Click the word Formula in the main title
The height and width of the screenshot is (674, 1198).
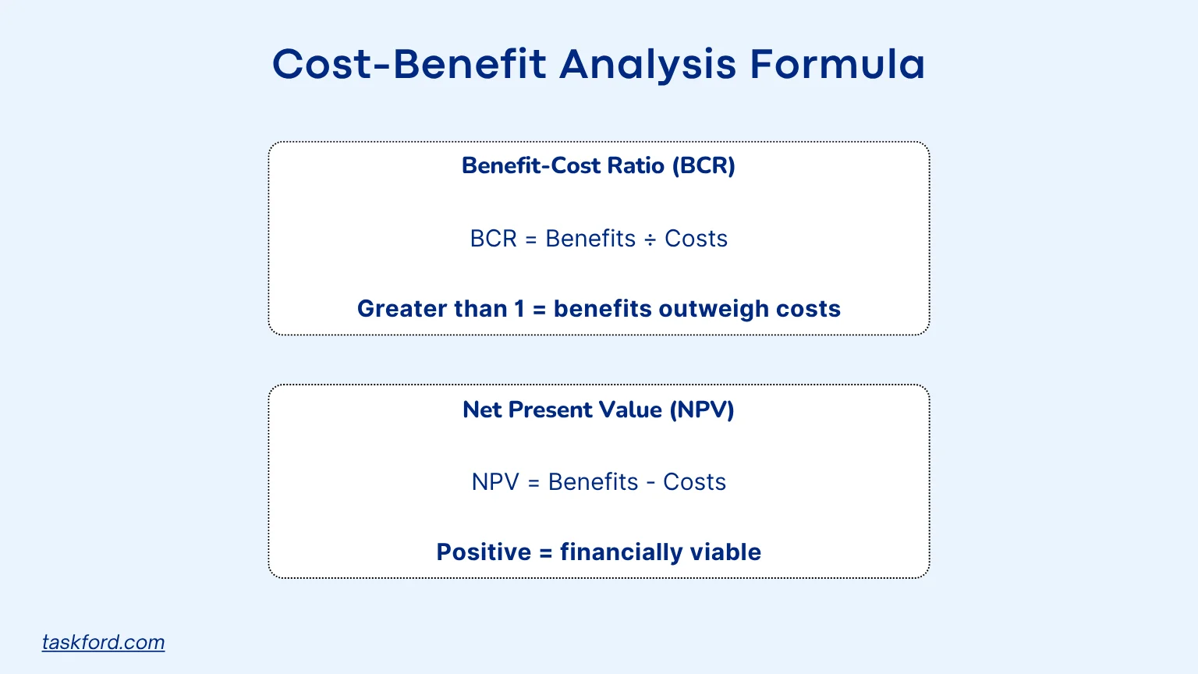pyautogui.click(x=837, y=64)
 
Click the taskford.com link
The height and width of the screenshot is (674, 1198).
pyautogui.click(x=103, y=642)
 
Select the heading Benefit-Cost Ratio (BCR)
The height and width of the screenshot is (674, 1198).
pyautogui.click(x=598, y=165)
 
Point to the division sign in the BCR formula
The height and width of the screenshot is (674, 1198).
pyautogui.click(x=650, y=239)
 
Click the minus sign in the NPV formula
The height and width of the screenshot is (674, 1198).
pyautogui.click(x=651, y=483)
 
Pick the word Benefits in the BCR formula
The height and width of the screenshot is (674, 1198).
pyautogui.click(x=590, y=239)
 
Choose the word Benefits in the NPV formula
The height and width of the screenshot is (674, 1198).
pyautogui.click(x=593, y=482)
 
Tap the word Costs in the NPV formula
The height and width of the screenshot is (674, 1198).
pyautogui.click(x=694, y=482)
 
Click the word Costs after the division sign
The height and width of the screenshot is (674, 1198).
pyautogui.click(x=696, y=239)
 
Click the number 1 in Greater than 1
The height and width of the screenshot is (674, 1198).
pyautogui.click(x=519, y=309)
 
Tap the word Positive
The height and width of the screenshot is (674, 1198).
pyautogui.click(x=484, y=552)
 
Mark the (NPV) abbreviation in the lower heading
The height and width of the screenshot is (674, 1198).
pyautogui.click(x=702, y=410)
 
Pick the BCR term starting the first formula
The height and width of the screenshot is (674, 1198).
pyautogui.click(x=493, y=239)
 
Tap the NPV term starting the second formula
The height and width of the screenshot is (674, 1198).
pyautogui.click(x=495, y=482)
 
